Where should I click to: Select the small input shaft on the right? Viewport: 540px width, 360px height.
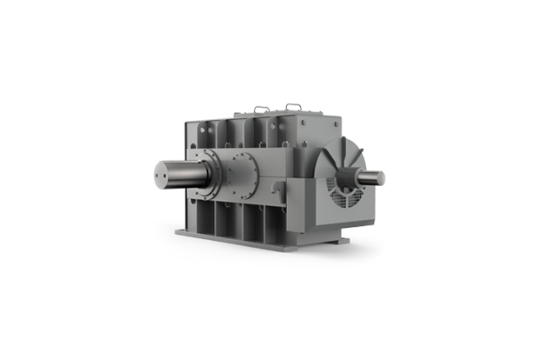372,177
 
